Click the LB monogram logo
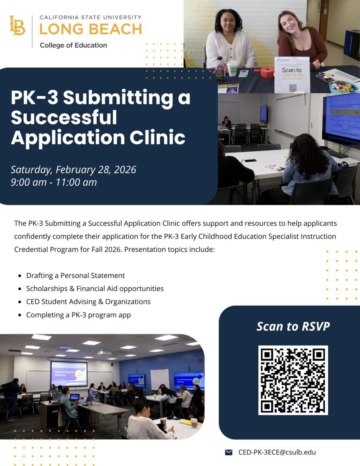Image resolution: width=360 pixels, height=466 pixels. point(17,26)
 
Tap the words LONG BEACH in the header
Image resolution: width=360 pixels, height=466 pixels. point(90,29)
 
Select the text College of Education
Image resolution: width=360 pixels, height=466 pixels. point(73,45)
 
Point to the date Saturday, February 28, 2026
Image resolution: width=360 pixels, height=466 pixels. point(73,170)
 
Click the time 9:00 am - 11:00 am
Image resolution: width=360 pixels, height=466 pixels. point(54,182)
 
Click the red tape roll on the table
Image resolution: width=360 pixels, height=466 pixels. point(267,72)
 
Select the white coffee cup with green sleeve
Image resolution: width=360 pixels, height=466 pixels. point(232,68)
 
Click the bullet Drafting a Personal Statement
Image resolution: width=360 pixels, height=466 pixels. point(75,276)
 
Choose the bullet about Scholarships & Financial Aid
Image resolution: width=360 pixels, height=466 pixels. point(95,288)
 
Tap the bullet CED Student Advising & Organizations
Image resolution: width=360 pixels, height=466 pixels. point(88,302)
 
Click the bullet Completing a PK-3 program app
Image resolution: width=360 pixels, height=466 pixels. point(78,315)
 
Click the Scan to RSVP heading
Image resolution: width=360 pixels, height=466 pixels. point(293,326)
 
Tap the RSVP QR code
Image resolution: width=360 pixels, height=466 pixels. point(293,380)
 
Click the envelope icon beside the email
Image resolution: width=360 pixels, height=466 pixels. point(229,452)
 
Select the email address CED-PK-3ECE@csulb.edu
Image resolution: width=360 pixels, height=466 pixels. point(277,452)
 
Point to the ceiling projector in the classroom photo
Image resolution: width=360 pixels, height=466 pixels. point(104,352)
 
